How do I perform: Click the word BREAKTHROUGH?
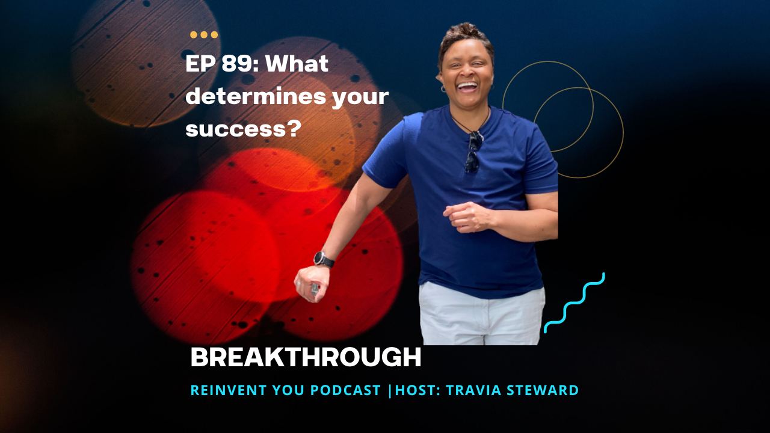coord(306,357)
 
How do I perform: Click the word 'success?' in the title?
coord(244,129)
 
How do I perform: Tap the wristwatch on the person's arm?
coord(324,259)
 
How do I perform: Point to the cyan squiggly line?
coord(574,303)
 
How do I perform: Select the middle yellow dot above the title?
coord(204,35)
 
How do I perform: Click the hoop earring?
coord(443,89)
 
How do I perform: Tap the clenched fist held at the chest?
coord(467,217)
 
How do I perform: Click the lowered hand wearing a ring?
coord(312,284)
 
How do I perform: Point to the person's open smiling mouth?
coord(467,88)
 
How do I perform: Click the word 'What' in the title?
coord(297,64)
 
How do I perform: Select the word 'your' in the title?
coord(360,98)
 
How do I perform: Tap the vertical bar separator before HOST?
coord(389,390)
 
